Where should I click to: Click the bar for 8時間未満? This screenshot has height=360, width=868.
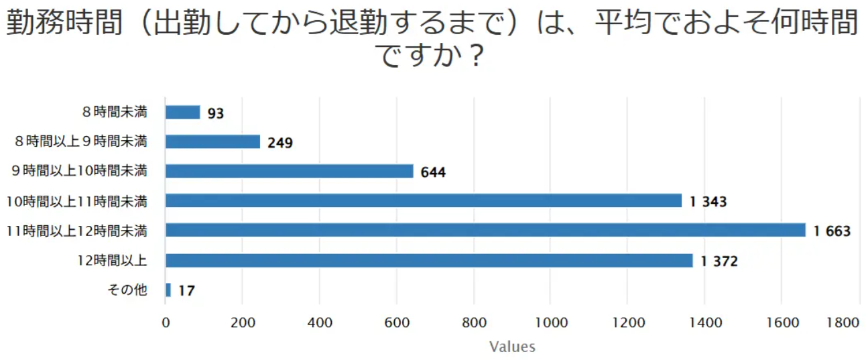coord(182,112)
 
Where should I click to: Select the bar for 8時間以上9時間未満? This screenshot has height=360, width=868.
coord(212,141)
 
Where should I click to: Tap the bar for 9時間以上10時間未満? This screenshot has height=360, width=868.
coord(289,171)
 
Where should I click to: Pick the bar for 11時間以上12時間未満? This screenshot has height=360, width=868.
coord(485,230)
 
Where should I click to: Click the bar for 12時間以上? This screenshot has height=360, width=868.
coord(429,260)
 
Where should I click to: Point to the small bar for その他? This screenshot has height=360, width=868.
coord(168,290)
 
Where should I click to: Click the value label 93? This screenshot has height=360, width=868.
coord(215,113)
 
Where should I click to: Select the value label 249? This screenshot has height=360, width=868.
coord(280,143)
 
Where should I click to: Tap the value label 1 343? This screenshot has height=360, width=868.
coord(708,202)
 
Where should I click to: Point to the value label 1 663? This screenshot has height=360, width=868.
coord(832,231)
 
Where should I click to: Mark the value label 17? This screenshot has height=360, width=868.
coord(186,291)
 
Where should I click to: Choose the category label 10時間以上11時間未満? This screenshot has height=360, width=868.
coord(76,201)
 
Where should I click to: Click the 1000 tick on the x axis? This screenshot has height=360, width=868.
coord(551,322)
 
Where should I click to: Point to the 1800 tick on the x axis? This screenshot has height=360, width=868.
coord(843,322)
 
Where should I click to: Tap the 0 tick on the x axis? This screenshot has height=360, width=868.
coord(166,322)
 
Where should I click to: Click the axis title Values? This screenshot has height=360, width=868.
coord(512,347)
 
